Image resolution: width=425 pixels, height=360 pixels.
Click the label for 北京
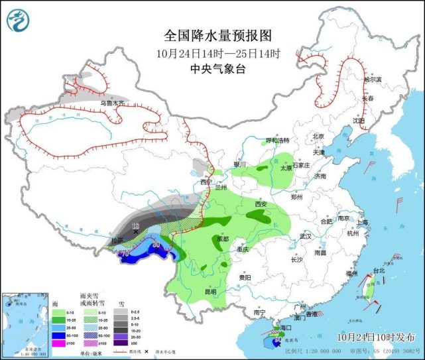[319, 137]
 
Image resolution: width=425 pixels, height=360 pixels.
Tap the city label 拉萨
[117, 241]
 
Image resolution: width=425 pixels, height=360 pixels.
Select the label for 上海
[362, 223]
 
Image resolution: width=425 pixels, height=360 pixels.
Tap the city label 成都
[219, 239]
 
